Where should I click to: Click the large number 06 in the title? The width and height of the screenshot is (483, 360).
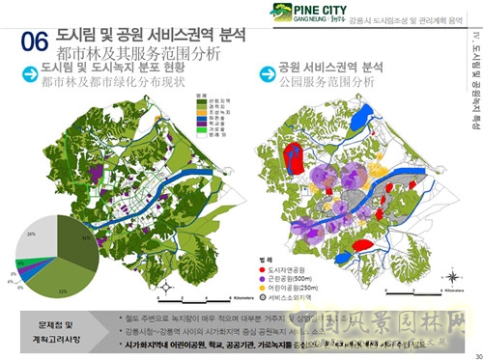point(35,42)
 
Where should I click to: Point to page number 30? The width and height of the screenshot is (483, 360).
point(473,353)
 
